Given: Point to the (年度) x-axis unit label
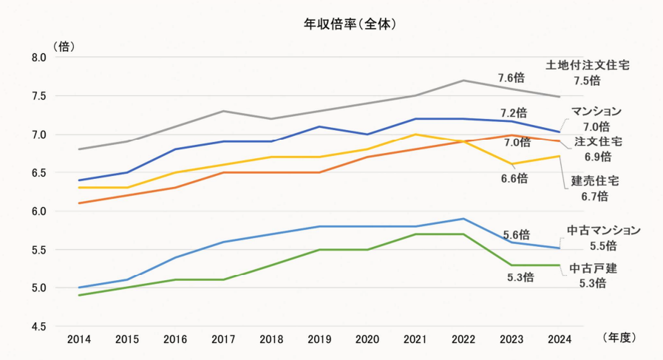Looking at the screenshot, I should coord(619,337).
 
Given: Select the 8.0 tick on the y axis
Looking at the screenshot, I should coord(39,58).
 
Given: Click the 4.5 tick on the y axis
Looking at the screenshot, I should coord(39,326).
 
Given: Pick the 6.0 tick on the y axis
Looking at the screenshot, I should coord(39,211).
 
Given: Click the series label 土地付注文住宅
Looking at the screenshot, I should coord(588,65).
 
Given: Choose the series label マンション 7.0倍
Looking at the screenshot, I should coord(596,118).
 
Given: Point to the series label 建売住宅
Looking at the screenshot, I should coord(595,180).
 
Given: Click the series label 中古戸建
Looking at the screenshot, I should coord(592,268).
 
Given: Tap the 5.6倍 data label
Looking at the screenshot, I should coord(514,234).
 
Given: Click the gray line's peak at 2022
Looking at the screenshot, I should coord(463,81).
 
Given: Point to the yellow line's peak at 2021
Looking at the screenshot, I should coord(415,135).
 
